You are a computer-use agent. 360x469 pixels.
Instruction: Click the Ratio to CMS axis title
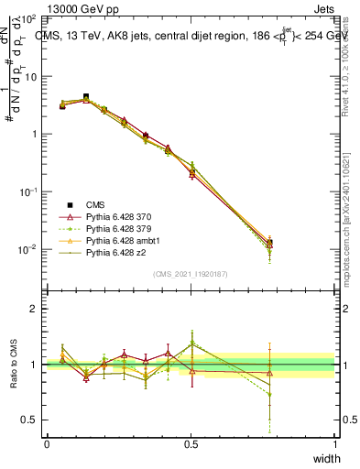(12, 365)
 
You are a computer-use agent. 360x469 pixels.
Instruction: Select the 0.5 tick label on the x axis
(191, 444)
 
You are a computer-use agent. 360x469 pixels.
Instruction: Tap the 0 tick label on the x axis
(47, 444)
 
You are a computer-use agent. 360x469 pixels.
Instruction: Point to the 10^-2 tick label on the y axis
(28, 249)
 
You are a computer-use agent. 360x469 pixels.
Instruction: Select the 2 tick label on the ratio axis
(35, 309)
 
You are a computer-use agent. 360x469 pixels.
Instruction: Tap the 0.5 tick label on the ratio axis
(31, 420)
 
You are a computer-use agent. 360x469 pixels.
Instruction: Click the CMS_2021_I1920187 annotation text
(191, 275)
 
